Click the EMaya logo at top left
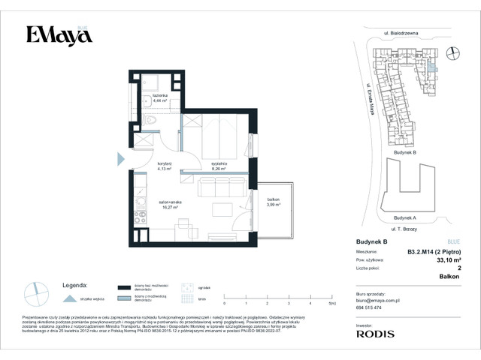click(x=59, y=35)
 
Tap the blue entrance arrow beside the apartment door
click(x=120, y=158)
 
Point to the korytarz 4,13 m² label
click(x=165, y=166)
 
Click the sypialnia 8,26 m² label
click(x=219, y=166)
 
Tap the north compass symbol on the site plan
click(x=452, y=52)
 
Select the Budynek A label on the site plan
click(x=404, y=217)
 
